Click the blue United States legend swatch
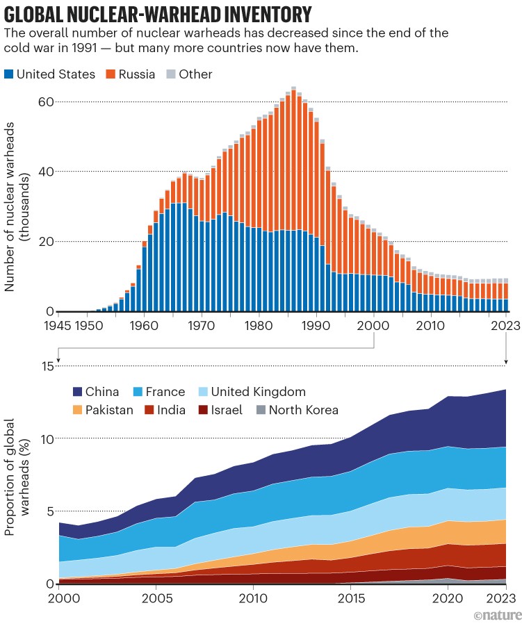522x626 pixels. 8,74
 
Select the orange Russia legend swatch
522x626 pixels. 111,74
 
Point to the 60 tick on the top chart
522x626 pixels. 45,101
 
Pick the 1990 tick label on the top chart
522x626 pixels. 316,324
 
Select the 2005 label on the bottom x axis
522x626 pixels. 156,597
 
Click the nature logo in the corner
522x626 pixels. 495,616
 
